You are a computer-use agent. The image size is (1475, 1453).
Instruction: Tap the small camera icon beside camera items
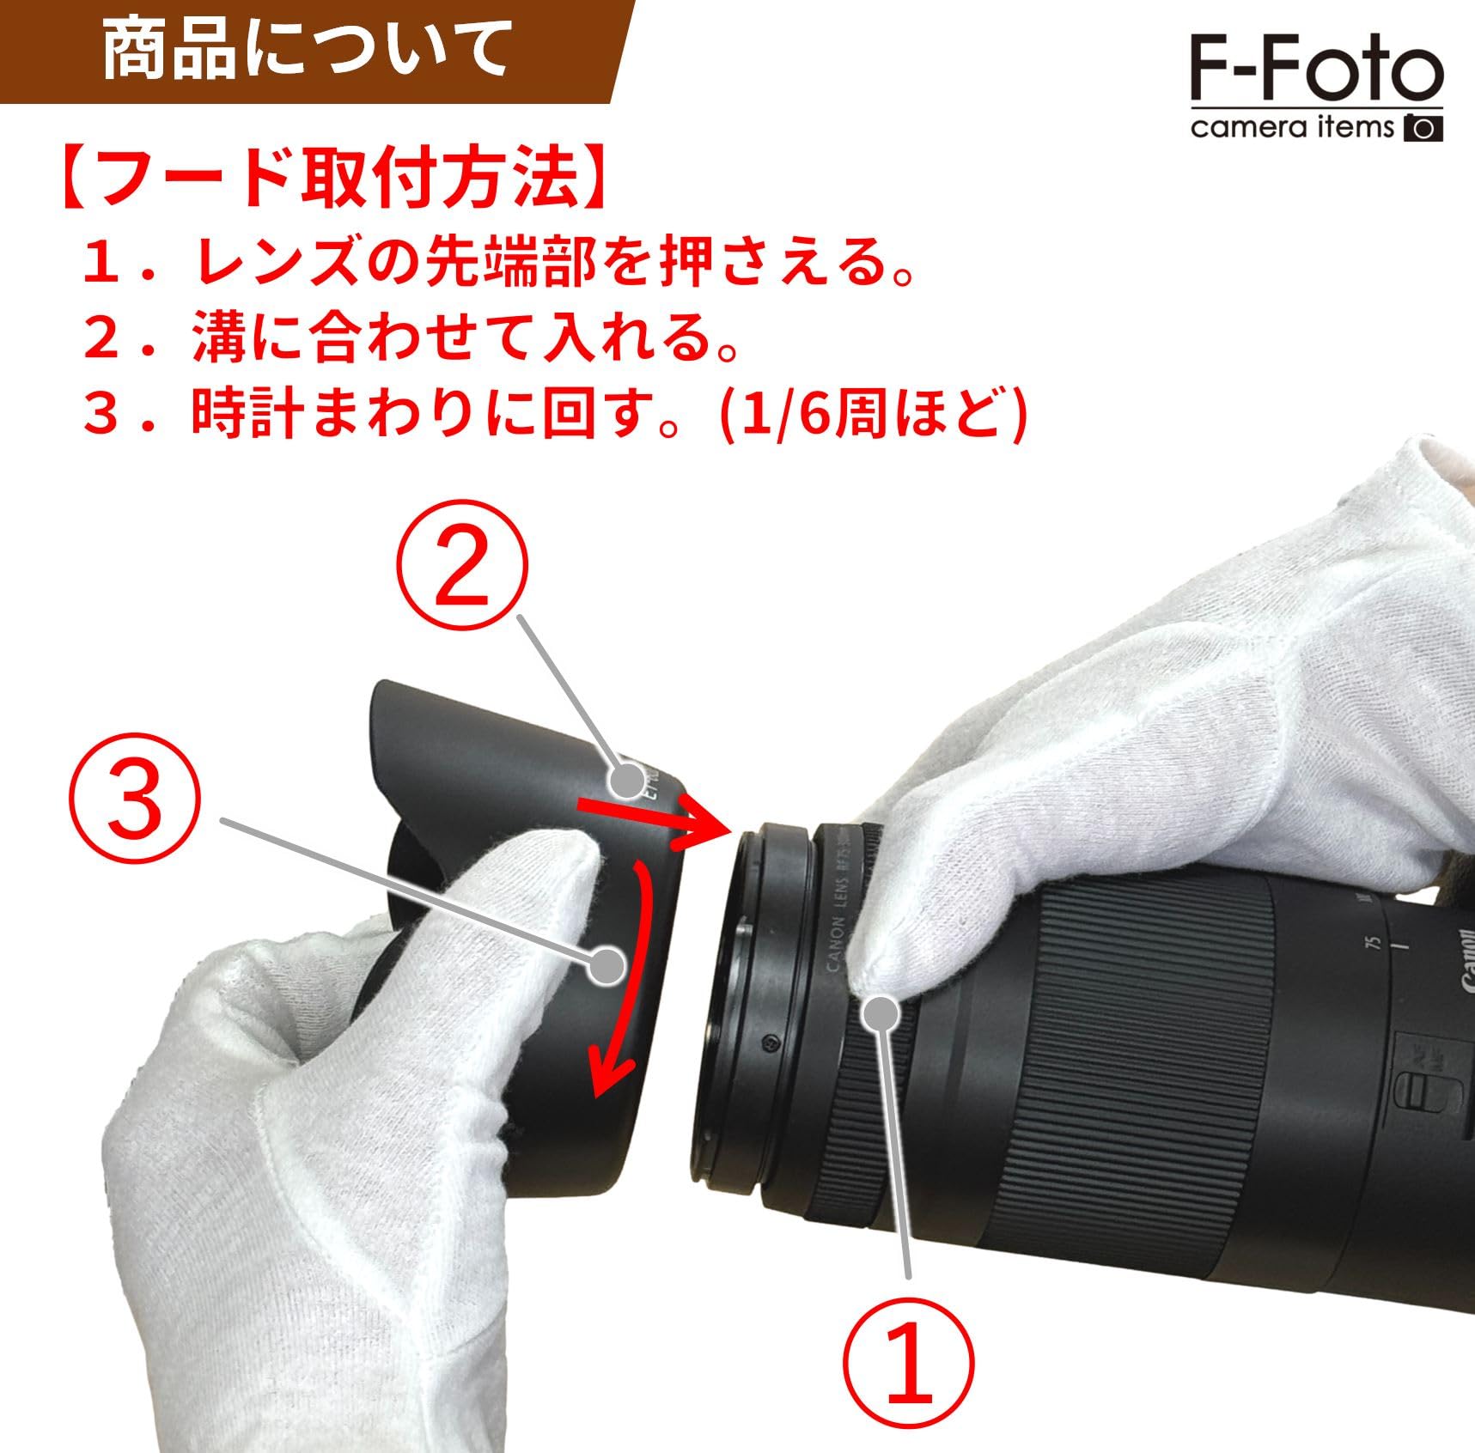[x=1423, y=128]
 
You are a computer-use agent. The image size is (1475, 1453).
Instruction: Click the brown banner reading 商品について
[x=306, y=51]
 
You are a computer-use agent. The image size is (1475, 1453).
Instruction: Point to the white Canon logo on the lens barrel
[x=1464, y=961]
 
